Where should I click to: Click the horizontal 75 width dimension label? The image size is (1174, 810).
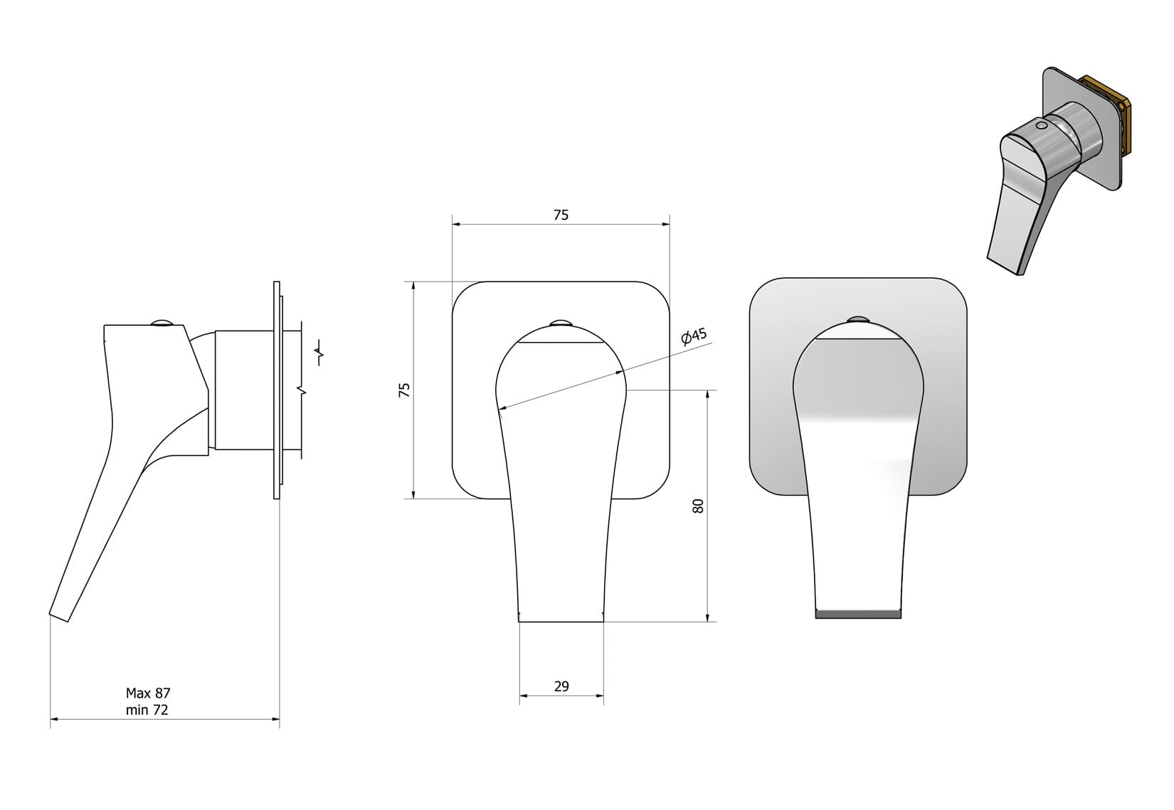pyautogui.click(x=561, y=215)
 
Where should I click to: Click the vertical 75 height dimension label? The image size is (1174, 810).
pyautogui.click(x=405, y=390)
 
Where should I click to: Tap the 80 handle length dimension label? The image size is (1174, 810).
pyautogui.click(x=697, y=506)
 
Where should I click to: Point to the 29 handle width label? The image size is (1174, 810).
pyautogui.click(x=561, y=686)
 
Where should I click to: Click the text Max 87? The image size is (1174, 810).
pyautogui.click(x=148, y=693)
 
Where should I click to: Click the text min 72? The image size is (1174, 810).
pyautogui.click(x=147, y=710)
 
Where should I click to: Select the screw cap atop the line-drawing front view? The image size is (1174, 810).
pyautogui.click(x=560, y=321)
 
